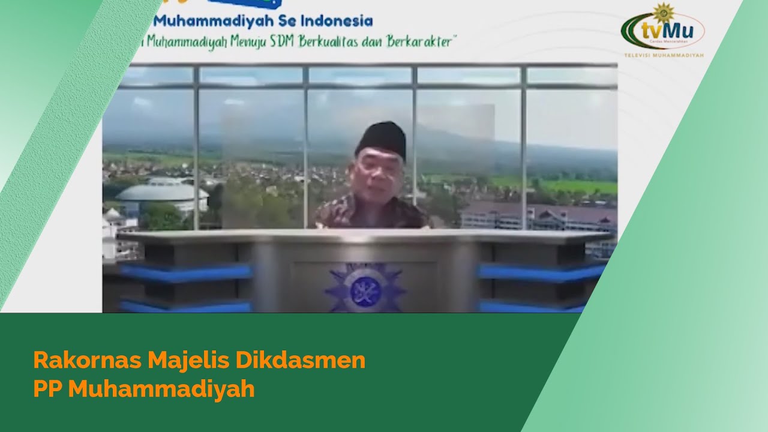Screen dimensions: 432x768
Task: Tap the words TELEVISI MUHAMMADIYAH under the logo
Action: coord(664,55)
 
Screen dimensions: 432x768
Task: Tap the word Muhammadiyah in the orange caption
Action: coord(161,389)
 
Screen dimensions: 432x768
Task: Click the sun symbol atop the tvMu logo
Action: coord(663,13)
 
